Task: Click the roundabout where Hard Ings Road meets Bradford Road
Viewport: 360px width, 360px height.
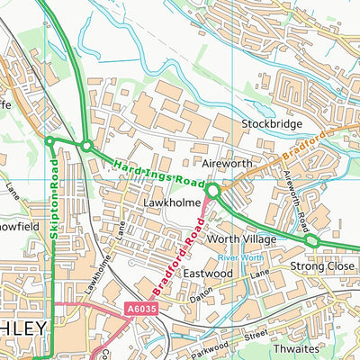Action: pyautogui.click(x=213, y=191)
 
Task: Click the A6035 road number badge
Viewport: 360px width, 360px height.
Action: pyautogui.click(x=131, y=308)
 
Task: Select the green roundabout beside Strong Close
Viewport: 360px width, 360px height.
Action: pyautogui.click(x=310, y=241)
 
